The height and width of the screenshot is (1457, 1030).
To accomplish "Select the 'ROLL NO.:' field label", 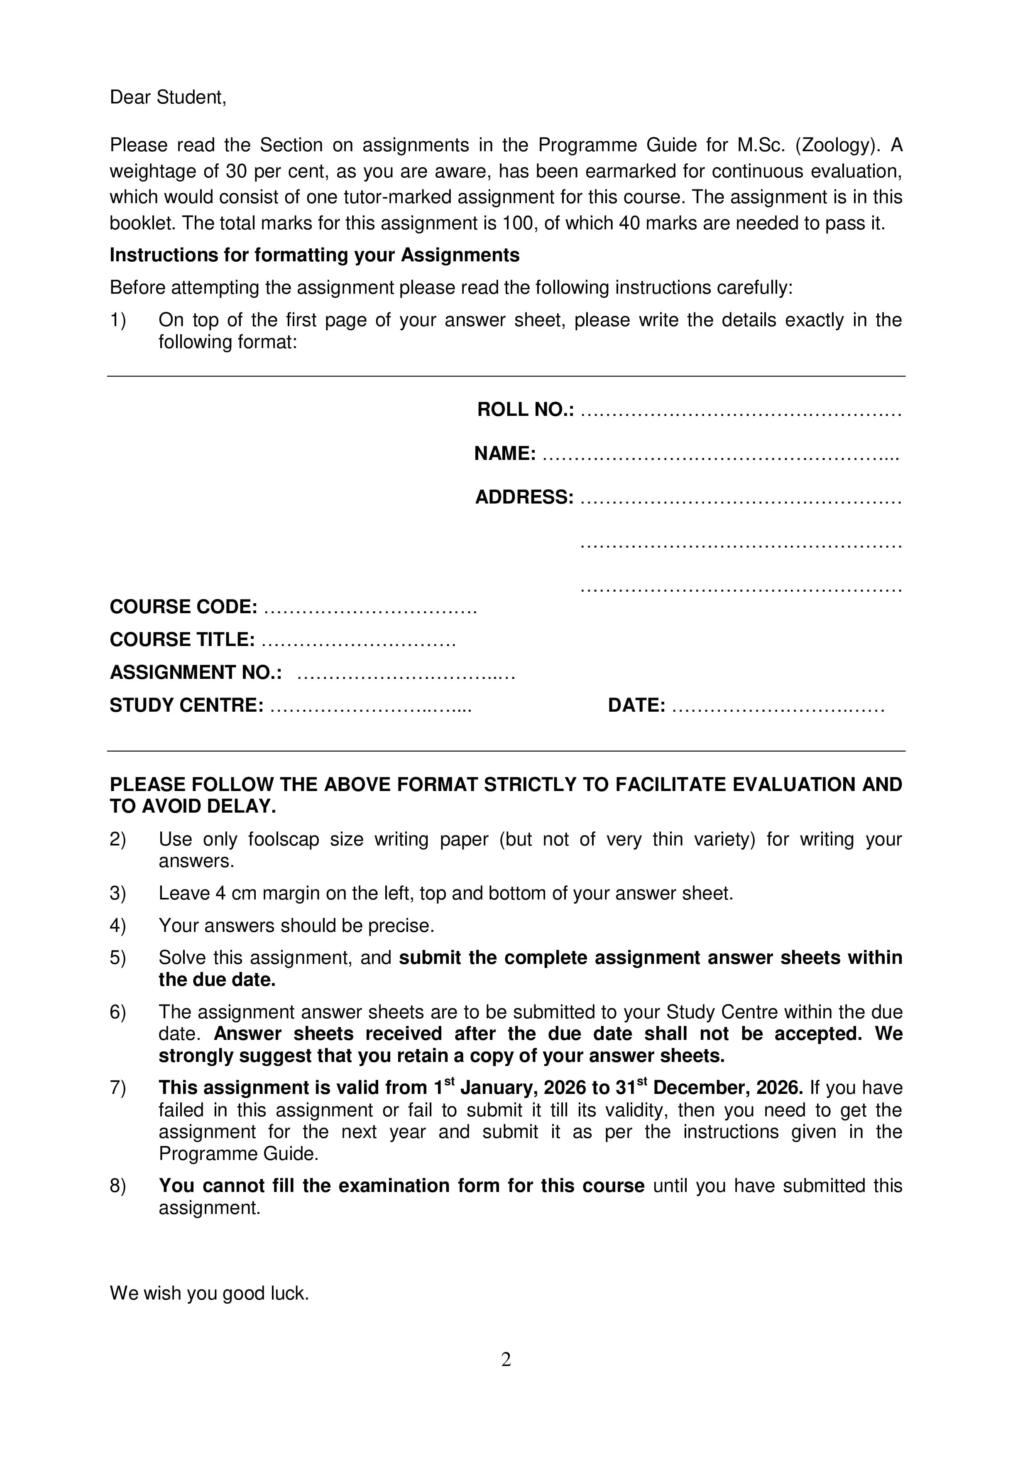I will point(525,410).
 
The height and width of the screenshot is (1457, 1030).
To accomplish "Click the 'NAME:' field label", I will point(505,454).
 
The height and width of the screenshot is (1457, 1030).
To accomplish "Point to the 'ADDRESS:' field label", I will point(524,497).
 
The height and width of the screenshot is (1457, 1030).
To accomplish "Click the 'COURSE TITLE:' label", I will point(182,640).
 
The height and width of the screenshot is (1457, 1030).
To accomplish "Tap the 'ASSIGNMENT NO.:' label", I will point(196,673).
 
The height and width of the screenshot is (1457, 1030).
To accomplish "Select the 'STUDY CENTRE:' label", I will point(186,706).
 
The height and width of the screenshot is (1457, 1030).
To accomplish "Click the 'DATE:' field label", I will point(636,706).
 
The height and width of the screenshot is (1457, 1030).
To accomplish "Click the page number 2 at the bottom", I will point(506,1359).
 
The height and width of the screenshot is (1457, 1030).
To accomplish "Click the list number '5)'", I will point(118,958).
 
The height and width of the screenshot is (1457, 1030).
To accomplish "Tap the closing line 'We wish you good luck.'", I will point(209,1293).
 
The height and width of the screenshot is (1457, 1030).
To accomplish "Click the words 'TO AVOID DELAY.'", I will point(193,806).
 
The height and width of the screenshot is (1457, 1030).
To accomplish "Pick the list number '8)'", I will point(118,1186).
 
